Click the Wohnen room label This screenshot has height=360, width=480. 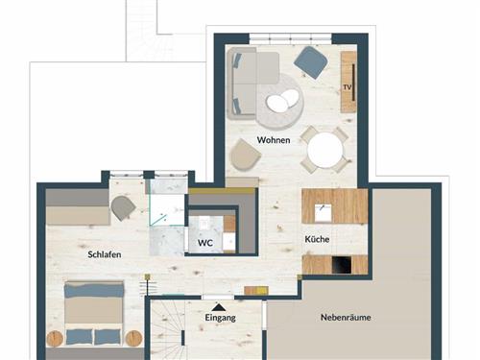click(274, 140)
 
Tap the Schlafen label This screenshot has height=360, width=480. click(105, 254)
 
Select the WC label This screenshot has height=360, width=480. click(205, 243)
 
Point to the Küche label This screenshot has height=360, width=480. click(317, 239)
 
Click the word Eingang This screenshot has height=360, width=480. click(220, 318)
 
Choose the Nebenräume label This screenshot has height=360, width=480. click(346, 318)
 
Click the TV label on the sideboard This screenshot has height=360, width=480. click(348, 87)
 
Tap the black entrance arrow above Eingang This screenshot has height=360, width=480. click(219, 307)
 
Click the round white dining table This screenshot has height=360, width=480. click(324, 150)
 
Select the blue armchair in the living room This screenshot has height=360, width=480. click(310, 62)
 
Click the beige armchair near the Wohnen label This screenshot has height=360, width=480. click(246, 155)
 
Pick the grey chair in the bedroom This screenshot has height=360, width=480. click(123, 208)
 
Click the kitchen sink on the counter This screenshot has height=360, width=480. click(323, 212)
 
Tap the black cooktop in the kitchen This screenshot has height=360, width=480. click(342, 265)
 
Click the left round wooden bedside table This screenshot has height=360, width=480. click(55, 339)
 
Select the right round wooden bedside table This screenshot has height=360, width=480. click(133, 339)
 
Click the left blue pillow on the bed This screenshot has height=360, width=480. click(79, 337)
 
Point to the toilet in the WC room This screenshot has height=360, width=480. click(204, 222)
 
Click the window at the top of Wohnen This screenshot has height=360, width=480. click(291, 38)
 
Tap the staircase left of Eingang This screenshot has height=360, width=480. click(167, 329)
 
